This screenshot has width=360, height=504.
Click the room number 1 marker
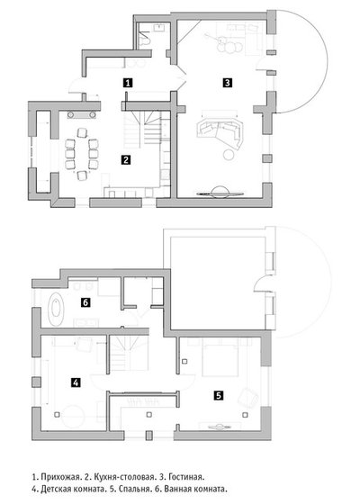128,83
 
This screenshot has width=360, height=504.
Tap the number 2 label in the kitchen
126,159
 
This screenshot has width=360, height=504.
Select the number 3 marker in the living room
227,83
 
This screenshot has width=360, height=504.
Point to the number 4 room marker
76,382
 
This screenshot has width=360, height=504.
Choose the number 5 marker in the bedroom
219,395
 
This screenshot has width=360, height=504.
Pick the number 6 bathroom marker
85,302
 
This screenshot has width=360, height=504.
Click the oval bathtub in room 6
56,310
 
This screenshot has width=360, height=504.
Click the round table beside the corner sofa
229,155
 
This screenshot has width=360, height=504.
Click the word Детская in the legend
55,490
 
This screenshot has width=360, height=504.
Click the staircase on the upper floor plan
129,353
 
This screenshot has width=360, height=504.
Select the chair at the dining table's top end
82,132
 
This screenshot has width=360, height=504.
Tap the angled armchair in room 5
248,398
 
